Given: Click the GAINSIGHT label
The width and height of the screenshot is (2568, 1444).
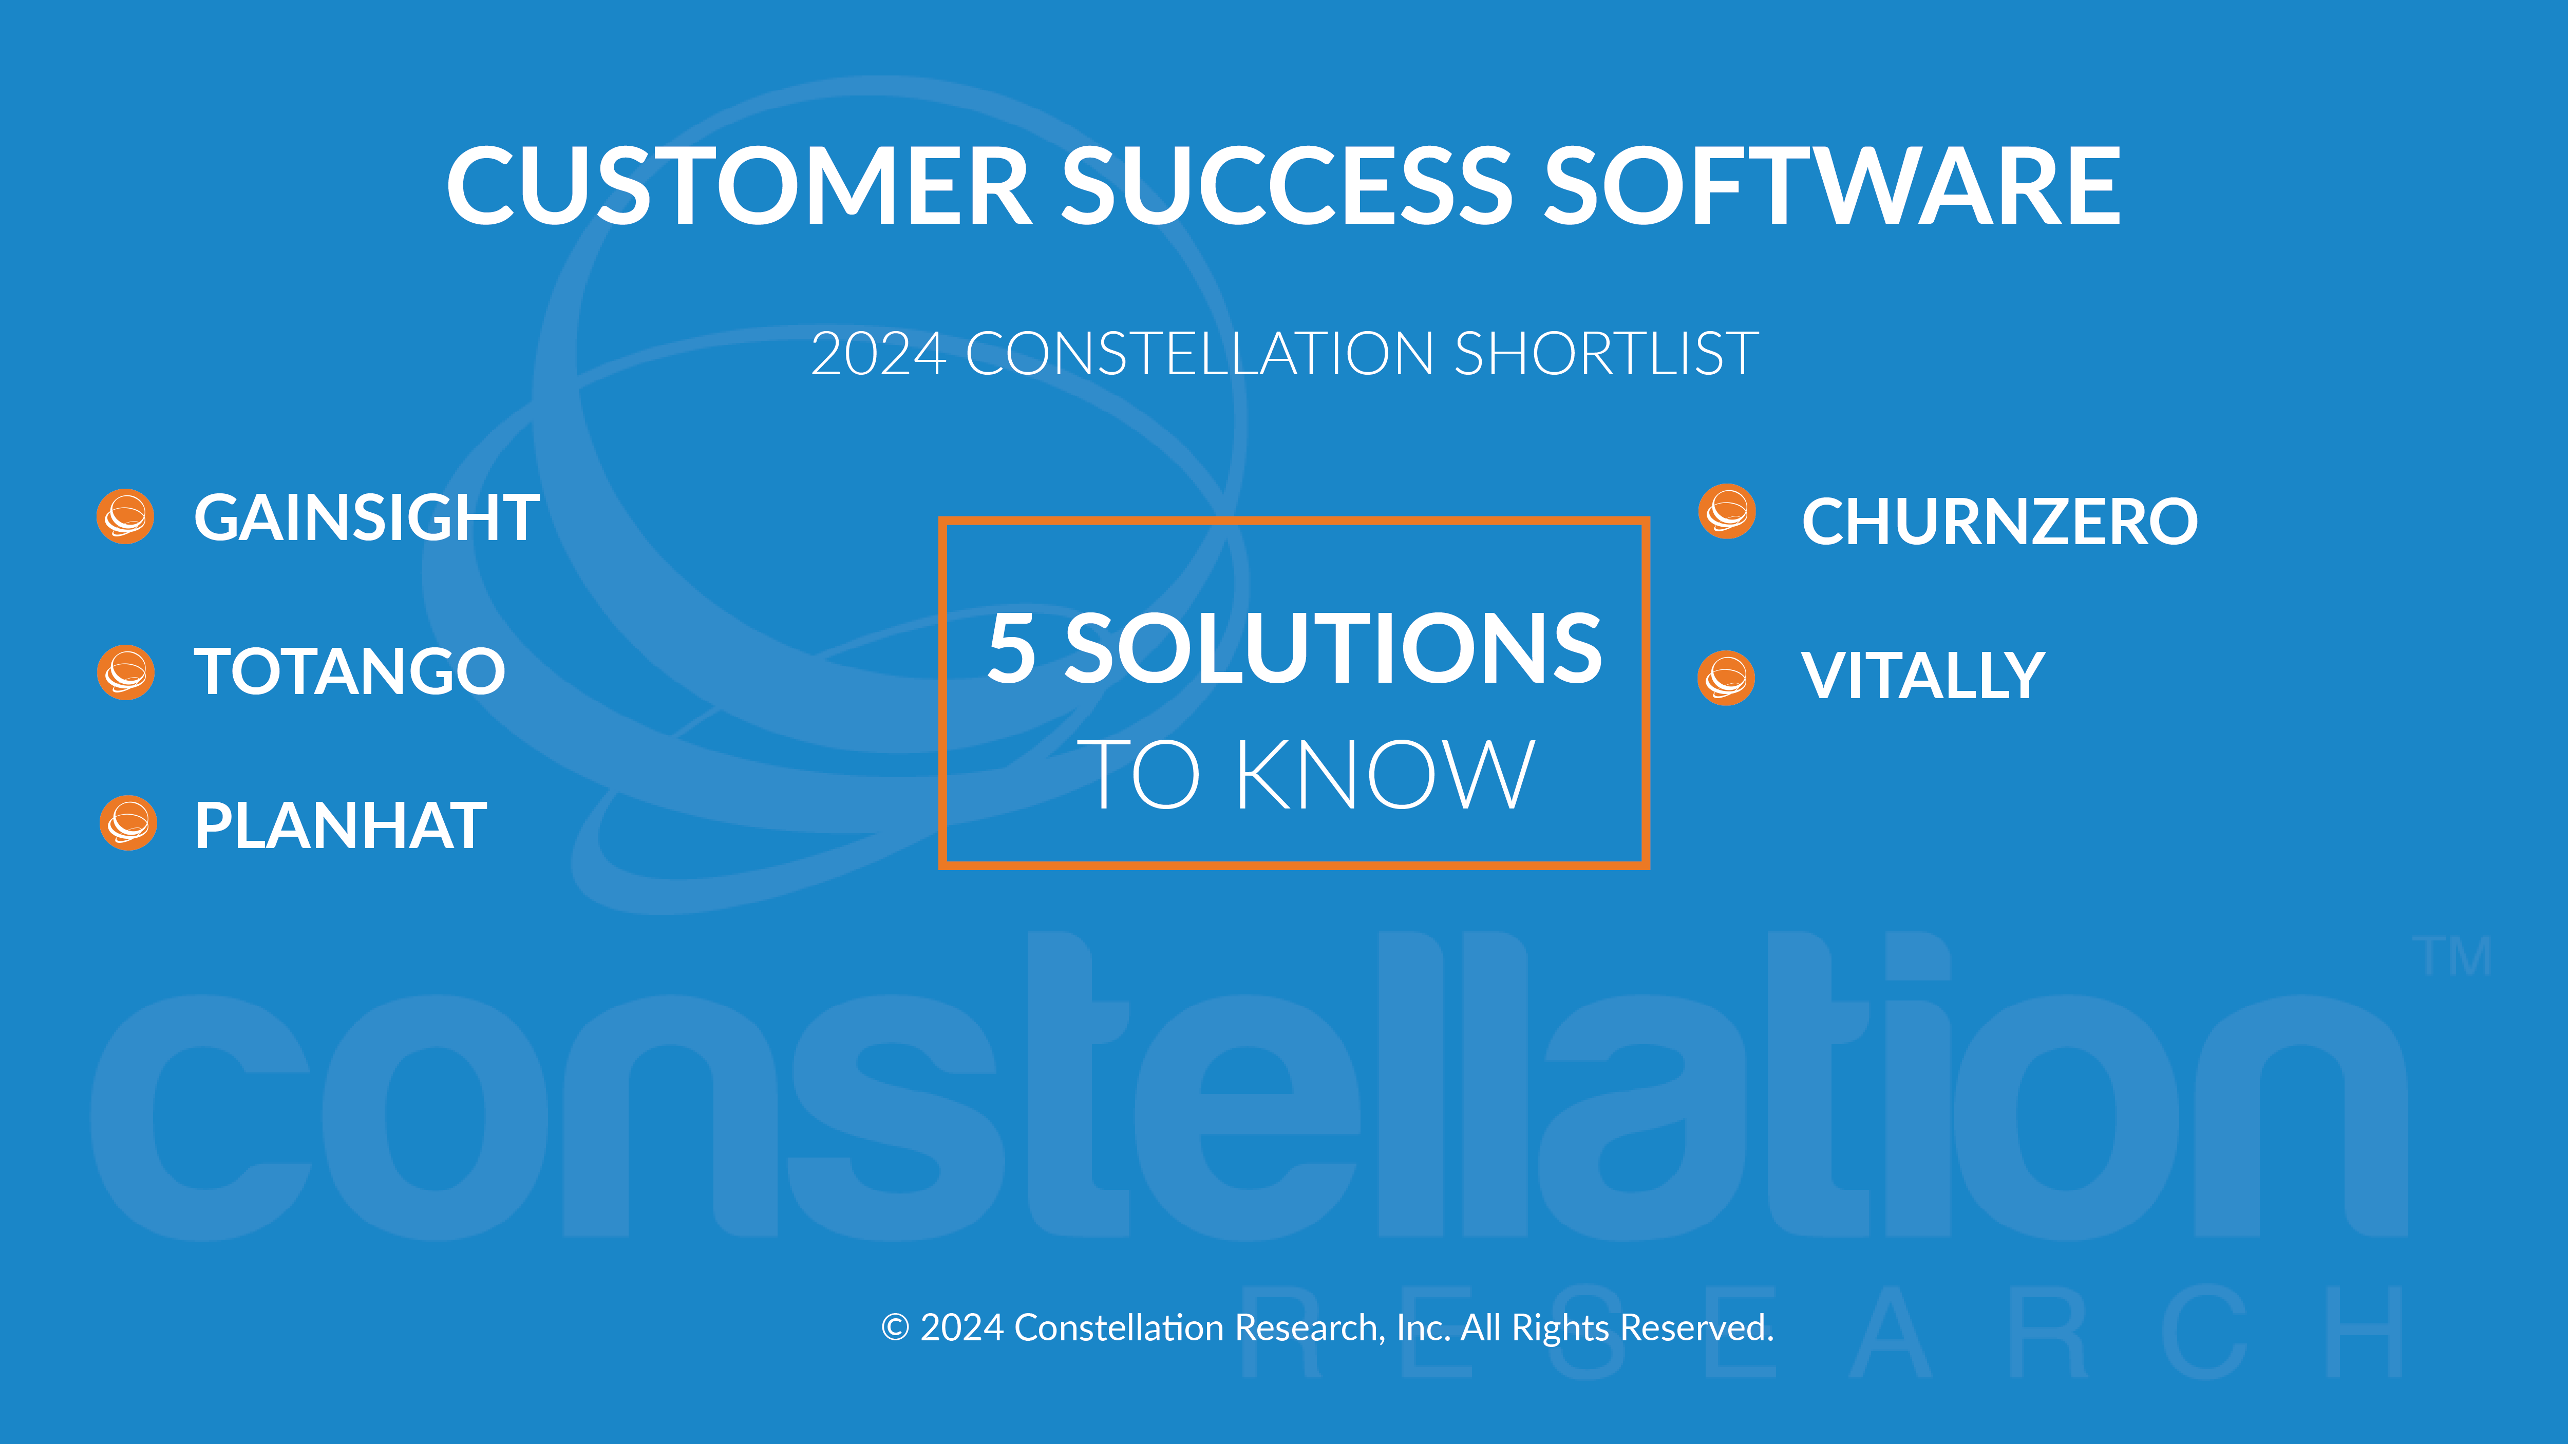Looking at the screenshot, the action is tap(367, 518).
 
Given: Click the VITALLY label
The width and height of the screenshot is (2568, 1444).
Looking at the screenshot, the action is tap(1923, 676).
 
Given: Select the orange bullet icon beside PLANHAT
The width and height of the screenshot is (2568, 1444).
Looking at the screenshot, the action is tap(128, 823).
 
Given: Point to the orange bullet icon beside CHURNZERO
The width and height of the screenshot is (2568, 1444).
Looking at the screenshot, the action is tap(1727, 511).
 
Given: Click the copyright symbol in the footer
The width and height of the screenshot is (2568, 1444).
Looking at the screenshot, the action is tap(895, 1327).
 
